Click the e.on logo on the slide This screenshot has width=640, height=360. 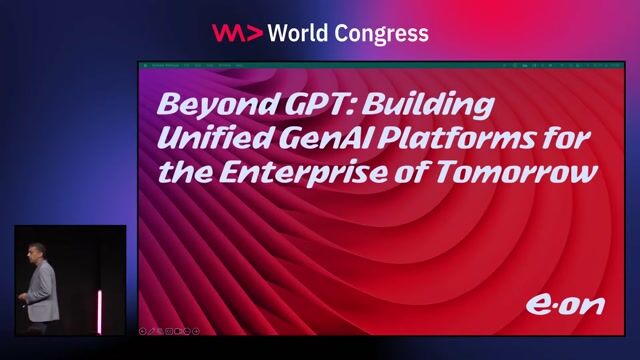[x=565, y=304]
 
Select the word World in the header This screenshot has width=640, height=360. [x=299, y=33]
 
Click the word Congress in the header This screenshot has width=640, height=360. [x=383, y=33]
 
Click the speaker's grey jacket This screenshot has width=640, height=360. [x=42, y=290]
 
